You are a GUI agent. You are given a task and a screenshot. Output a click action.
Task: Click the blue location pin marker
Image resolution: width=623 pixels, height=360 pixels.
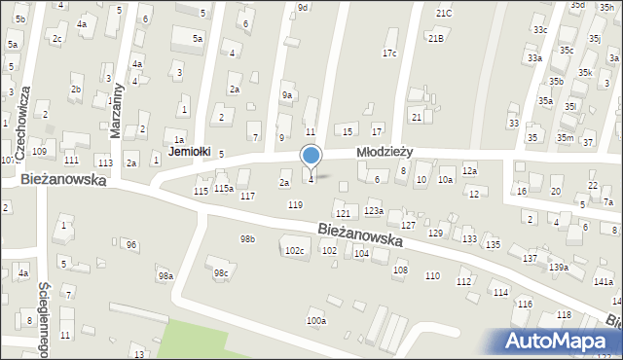(x=311, y=157)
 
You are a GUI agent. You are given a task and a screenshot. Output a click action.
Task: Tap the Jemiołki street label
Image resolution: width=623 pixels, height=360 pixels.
(x=189, y=152)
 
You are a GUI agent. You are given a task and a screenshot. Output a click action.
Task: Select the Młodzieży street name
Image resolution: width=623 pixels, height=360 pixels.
(x=385, y=152)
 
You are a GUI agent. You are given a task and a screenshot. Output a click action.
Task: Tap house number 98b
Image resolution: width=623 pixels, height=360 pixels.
(x=248, y=238)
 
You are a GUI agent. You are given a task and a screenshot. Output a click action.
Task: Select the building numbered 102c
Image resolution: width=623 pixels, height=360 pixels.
(x=294, y=251)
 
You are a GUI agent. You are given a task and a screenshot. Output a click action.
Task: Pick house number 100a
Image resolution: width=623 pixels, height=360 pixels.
(x=316, y=320)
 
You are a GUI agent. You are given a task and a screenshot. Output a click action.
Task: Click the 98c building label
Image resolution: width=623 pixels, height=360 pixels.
(x=221, y=272)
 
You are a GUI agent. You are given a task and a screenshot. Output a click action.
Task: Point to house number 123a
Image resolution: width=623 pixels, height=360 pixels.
(x=374, y=210)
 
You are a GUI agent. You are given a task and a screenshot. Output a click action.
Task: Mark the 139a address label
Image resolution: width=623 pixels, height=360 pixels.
(x=558, y=267)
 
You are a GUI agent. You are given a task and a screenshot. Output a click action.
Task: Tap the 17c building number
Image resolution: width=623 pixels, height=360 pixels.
(x=389, y=53)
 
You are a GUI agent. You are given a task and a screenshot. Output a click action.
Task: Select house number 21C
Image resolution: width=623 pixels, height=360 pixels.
(x=444, y=13)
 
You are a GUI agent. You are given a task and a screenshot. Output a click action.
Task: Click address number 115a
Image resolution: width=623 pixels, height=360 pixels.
(x=224, y=188)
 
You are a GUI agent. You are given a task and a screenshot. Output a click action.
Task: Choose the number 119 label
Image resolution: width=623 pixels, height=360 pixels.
(x=295, y=204)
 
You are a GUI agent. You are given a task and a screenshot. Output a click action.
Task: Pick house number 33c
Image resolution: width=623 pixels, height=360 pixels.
(x=539, y=29)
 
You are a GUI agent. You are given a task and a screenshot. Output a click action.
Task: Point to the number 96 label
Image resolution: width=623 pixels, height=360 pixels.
(x=131, y=244)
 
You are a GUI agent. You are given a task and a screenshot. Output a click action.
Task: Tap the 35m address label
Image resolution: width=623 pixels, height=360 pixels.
(x=565, y=138)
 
